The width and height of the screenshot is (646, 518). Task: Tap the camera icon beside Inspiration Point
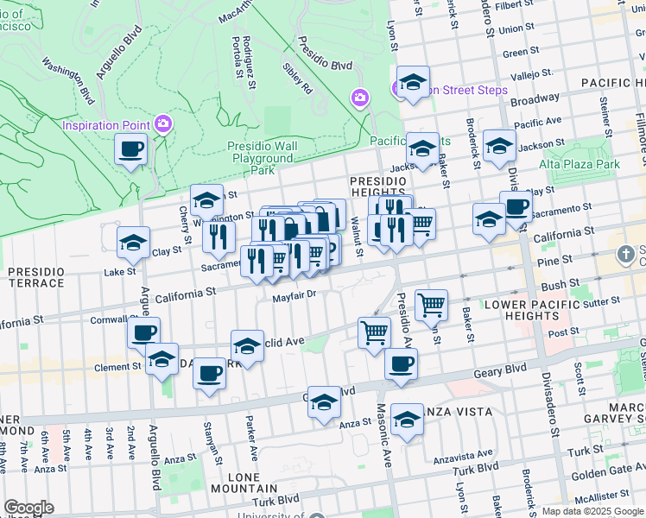coord(162,124)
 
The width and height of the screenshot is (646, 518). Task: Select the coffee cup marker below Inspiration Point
coord(130,149)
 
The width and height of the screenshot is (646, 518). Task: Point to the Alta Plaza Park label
coord(579,164)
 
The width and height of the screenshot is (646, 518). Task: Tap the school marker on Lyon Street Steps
coord(414,83)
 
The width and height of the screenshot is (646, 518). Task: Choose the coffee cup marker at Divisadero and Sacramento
coord(516,207)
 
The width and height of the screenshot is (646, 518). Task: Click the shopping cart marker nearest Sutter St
coord(431,304)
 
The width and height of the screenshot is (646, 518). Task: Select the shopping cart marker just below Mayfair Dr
coord(374,332)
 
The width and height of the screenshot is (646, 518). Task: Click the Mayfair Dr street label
coord(296,296)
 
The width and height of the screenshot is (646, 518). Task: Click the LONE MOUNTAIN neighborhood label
coord(244,483)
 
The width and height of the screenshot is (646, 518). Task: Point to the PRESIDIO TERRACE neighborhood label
coord(36,277)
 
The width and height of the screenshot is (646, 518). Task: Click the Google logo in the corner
coord(29,508)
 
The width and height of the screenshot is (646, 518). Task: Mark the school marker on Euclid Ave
coord(247,346)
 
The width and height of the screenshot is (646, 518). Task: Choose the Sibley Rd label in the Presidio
coord(297,78)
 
